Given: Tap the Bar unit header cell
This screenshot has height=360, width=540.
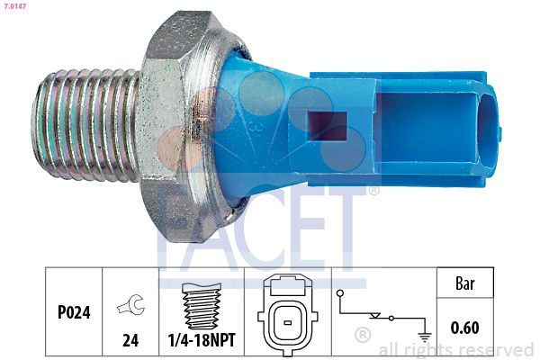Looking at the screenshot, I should pyautogui.click(x=465, y=283).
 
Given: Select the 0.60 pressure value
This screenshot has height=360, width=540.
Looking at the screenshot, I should pyautogui.click(x=465, y=328).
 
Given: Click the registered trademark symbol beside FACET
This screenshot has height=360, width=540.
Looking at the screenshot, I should pyautogui.click(x=374, y=192).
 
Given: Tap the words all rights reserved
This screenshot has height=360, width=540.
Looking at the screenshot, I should pyautogui.click(x=456, y=349).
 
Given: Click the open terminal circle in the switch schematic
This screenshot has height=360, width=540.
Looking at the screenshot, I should pyautogui.click(x=340, y=292).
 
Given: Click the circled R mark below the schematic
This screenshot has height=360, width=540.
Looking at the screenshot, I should pyautogui.click(x=363, y=335).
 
